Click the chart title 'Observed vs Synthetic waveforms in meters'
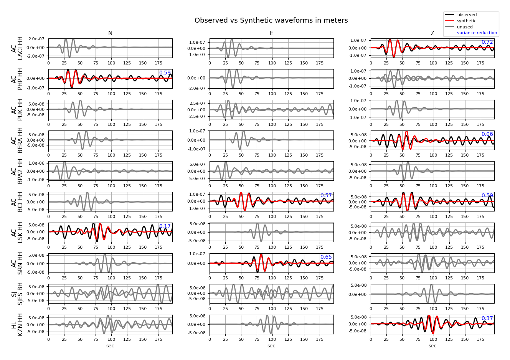[x=271, y=21]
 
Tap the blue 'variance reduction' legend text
[x=477, y=33]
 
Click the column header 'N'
[x=110, y=33]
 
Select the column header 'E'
[x=271, y=33]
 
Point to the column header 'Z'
[x=432, y=33]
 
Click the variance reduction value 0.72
[x=487, y=42]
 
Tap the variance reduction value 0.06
[x=487, y=134]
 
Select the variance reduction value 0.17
[x=165, y=226]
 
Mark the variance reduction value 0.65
[x=326, y=257]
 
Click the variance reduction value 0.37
[x=487, y=319]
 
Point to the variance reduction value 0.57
[x=326, y=196]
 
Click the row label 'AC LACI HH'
[x=17, y=48]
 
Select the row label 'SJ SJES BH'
[x=17, y=294]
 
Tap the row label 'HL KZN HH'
[x=17, y=325]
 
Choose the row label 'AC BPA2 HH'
[x=17, y=171]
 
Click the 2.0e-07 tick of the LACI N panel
[x=37, y=39]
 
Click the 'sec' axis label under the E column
[x=271, y=346]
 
